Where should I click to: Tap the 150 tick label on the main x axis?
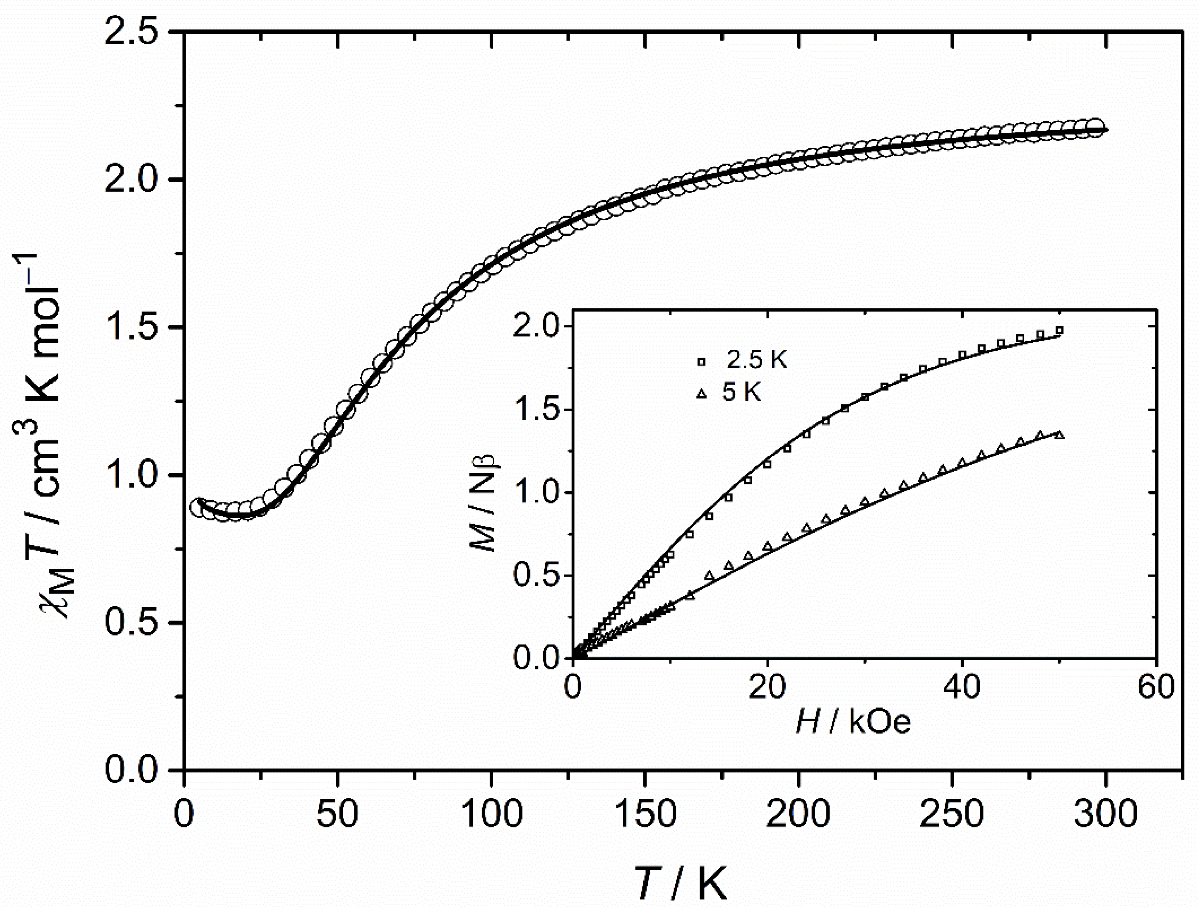coord(645,814)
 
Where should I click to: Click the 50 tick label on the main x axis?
coord(337,814)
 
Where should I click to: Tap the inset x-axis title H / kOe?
coord(854,722)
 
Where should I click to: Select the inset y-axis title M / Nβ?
coord(484,501)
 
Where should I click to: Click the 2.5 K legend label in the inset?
coord(757,361)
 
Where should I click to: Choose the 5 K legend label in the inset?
coord(742,392)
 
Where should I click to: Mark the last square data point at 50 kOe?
coord(1059,330)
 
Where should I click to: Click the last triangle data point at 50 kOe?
coord(1059,435)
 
